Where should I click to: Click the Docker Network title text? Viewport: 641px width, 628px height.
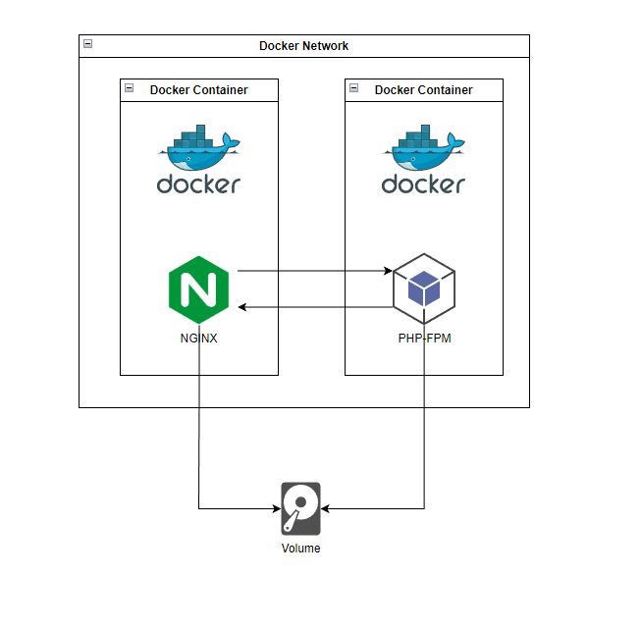(x=303, y=46)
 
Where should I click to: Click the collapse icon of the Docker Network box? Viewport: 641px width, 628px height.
(x=88, y=44)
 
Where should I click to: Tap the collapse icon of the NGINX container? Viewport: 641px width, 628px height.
(x=130, y=89)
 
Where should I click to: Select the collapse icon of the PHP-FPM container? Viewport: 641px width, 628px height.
(x=354, y=89)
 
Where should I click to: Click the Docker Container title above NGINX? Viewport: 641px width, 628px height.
(x=198, y=90)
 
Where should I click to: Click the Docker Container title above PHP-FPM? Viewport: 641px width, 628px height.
(x=423, y=90)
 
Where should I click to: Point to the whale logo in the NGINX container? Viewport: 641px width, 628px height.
(x=198, y=148)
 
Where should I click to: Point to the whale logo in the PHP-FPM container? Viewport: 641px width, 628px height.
(x=423, y=148)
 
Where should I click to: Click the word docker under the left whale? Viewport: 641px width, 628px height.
(x=198, y=183)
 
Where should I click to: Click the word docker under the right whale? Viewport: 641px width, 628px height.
(x=423, y=183)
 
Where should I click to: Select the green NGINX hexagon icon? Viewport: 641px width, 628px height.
(x=198, y=289)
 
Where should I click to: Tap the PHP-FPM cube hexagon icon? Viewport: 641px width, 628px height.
(x=423, y=290)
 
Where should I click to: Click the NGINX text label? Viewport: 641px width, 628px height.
(x=198, y=340)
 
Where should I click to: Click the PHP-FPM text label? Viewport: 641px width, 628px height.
(x=423, y=340)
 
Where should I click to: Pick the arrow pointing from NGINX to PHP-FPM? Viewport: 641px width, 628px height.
(x=314, y=270)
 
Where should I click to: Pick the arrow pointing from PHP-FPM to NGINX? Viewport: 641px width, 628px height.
(x=314, y=308)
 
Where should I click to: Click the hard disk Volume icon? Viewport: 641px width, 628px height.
(x=300, y=508)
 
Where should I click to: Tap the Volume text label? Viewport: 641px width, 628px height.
(x=300, y=549)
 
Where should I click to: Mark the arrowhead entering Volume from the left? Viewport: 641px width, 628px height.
(x=276, y=509)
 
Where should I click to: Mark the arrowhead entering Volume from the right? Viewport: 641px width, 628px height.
(x=326, y=509)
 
